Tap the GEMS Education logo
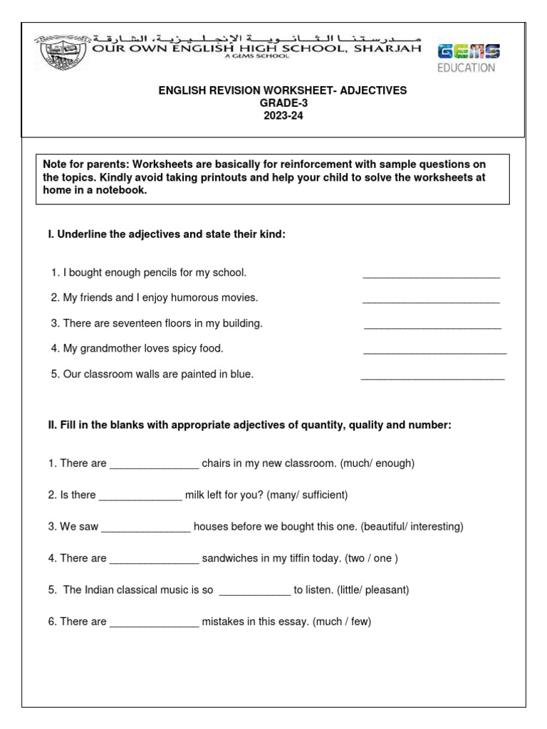click(467, 58)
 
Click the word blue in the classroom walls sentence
click(241, 374)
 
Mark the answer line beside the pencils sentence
click(431, 276)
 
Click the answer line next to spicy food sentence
click(434, 353)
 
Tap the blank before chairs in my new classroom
click(154, 467)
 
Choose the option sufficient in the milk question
click(321, 495)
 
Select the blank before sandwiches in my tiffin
click(154, 562)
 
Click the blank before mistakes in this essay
click(154, 626)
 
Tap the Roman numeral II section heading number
click(51, 426)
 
